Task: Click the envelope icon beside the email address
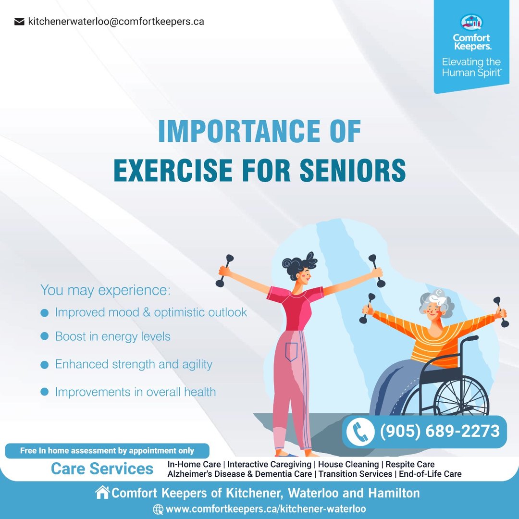coord(19,22)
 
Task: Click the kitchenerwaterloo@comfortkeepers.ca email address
coord(116,22)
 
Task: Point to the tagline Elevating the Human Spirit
coord(472,67)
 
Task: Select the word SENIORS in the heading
coord(353,170)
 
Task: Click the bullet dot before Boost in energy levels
coord(44,336)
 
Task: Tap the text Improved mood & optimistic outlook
coord(151,312)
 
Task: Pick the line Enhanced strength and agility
coord(134,364)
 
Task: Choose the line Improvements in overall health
coord(136,392)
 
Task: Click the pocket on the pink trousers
coord(291,352)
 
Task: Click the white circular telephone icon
coord(360,431)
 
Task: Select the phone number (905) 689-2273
coord(440,431)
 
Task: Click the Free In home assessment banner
coord(107,451)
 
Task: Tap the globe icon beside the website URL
coord(158,509)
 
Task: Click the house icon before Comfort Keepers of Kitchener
coord(102,492)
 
